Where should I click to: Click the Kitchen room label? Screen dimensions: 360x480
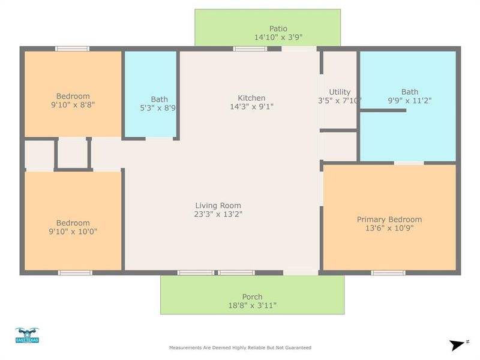click(x=251, y=98)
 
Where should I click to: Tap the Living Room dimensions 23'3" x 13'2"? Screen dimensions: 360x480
click(x=218, y=214)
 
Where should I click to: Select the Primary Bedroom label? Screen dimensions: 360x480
click(x=389, y=219)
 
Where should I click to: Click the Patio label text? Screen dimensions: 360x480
click(x=278, y=28)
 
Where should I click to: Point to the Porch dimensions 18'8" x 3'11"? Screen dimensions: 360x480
click(x=252, y=305)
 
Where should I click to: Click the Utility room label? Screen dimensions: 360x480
click(x=340, y=92)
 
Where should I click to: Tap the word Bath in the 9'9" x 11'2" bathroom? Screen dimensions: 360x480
click(x=410, y=92)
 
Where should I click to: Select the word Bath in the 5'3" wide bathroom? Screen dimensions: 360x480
click(x=160, y=99)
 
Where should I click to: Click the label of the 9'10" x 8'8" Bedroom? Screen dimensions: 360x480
click(x=73, y=96)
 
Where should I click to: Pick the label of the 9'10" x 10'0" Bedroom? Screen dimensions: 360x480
click(x=73, y=223)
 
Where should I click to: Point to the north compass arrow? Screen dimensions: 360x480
click(x=458, y=344)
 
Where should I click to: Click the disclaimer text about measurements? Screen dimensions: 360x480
click(x=240, y=347)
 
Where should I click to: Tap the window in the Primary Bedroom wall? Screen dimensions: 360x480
click(x=388, y=272)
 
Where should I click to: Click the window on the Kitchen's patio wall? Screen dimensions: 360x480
click(x=250, y=49)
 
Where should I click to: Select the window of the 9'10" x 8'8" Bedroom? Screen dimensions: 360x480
click(x=73, y=49)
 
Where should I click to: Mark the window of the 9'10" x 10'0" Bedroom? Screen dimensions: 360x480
click(x=75, y=272)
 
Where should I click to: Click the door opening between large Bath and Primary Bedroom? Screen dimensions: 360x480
click(x=409, y=163)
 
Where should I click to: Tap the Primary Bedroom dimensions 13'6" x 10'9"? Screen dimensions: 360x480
click(x=389, y=228)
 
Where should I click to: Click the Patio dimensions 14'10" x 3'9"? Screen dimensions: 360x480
click(x=278, y=37)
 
